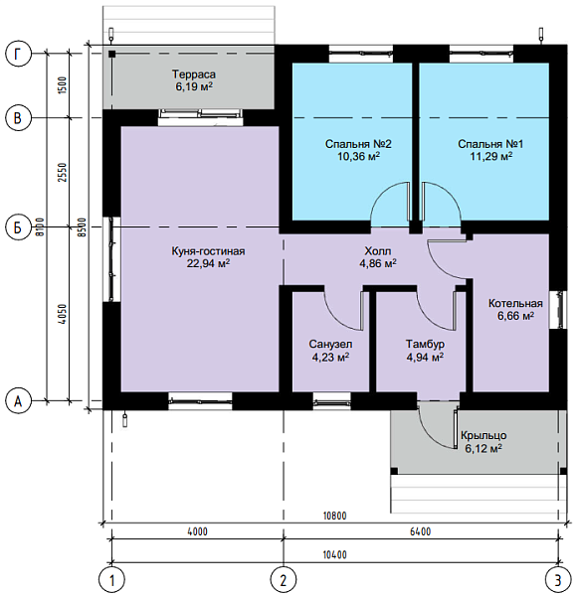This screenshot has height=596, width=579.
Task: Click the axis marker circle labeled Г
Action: click(x=18, y=54)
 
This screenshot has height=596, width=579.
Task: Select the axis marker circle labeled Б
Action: click(x=18, y=227)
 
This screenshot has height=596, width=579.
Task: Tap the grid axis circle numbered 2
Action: click(x=284, y=580)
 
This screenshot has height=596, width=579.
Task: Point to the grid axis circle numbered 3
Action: click(x=558, y=580)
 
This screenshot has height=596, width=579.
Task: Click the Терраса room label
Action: click(x=194, y=74)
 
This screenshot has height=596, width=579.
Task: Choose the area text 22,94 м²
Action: click(x=208, y=263)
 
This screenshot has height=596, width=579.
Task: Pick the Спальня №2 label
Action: click(x=358, y=144)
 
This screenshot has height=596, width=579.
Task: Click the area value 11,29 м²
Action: click(x=491, y=156)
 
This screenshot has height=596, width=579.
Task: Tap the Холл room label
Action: click(x=378, y=251)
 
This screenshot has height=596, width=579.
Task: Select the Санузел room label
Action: click(x=330, y=345)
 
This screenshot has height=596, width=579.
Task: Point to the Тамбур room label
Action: click(x=425, y=345)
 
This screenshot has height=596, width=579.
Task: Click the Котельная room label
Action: click(x=515, y=303)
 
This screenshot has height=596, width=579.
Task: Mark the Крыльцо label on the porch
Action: click(x=483, y=436)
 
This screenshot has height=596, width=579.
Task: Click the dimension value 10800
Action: click(x=335, y=516)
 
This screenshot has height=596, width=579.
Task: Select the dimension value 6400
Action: click(x=420, y=531)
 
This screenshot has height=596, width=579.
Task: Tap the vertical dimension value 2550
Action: click(x=63, y=172)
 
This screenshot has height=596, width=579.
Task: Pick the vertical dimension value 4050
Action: click(x=63, y=314)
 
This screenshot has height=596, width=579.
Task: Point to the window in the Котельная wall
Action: click(x=559, y=309)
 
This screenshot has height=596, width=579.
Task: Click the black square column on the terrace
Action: click(x=111, y=54)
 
